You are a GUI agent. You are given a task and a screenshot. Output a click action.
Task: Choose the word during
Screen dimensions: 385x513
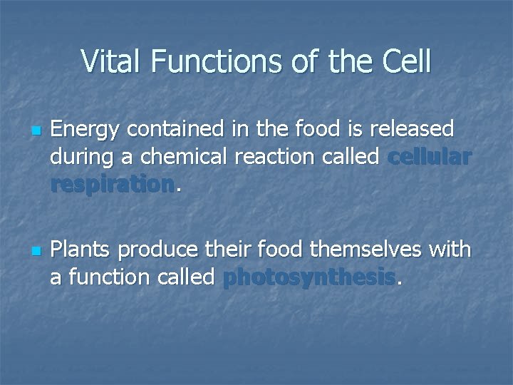[x=81, y=156]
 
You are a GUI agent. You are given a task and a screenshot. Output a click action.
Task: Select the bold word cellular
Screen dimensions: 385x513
[x=429, y=156]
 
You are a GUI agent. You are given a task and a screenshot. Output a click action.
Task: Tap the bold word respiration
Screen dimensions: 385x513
[x=112, y=184]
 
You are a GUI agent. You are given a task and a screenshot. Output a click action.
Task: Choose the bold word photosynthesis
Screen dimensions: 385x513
[x=309, y=277]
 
